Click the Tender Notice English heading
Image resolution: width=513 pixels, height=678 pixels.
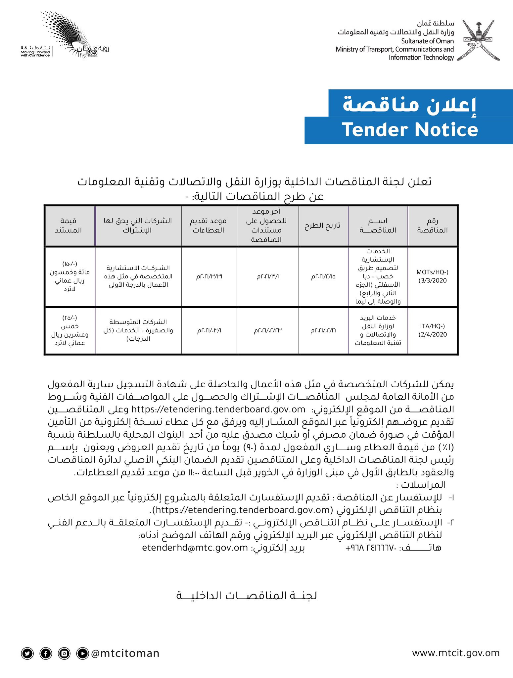click(410, 129)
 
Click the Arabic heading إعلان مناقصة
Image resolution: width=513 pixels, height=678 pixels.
click(410, 104)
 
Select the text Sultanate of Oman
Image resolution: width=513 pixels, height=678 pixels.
click(427, 41)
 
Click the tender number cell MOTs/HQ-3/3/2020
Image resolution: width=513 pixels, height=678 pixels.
click(432, 276)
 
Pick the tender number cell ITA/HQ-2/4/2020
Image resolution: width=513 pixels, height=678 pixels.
click(432, 330)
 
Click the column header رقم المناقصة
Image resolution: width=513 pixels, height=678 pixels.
click(432, 225)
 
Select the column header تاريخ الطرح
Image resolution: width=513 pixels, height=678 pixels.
click(323, 225)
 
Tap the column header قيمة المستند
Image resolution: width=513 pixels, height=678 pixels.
click(69, 225)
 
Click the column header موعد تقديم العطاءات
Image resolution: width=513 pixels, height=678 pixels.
click(209, 225)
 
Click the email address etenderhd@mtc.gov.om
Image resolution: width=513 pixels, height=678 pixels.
click(195, 548)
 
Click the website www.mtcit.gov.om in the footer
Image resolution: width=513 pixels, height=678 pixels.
click(455, 653)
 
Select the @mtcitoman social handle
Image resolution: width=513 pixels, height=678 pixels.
click(125, 653)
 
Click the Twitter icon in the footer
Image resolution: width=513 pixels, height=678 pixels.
click(27, 653)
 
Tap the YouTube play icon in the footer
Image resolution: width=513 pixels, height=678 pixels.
click(82, 653)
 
